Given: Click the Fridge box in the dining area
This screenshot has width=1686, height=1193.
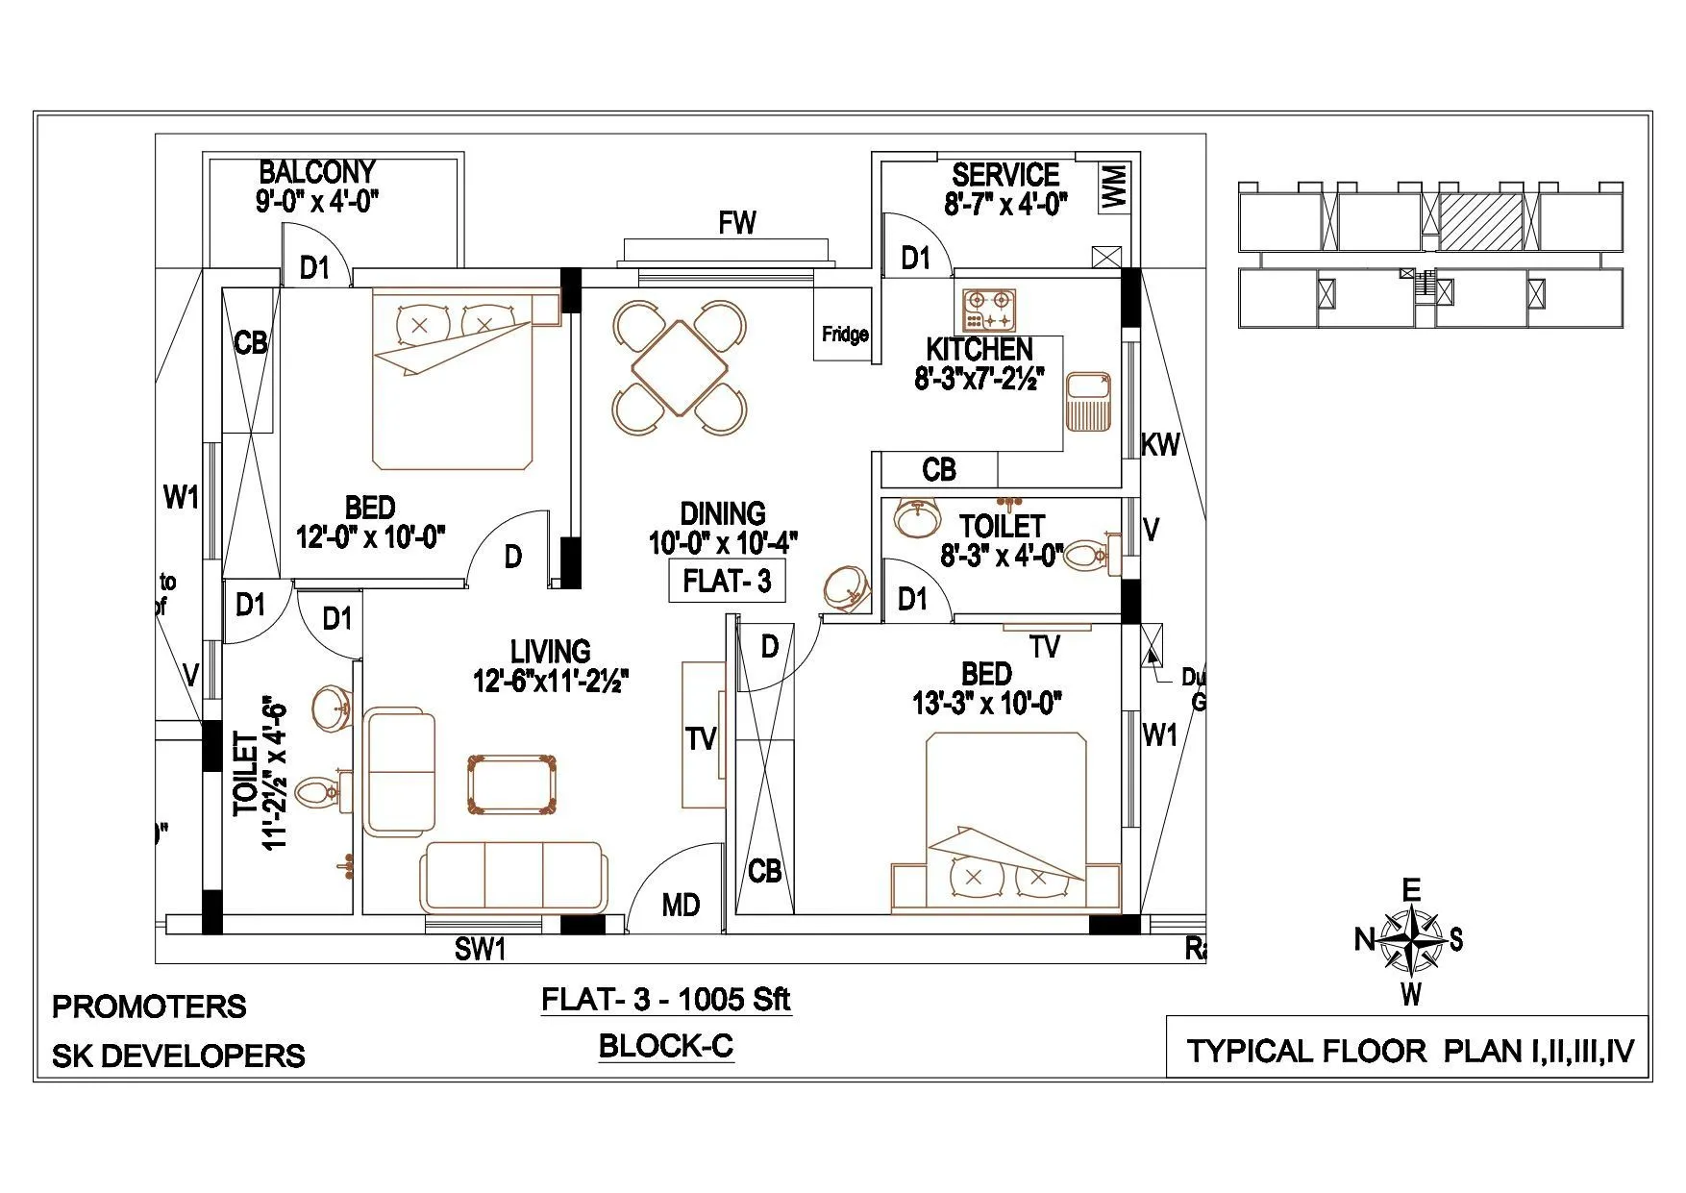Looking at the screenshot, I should click(x=843, y=334).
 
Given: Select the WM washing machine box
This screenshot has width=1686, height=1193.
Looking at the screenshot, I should click(x=1114, y=185).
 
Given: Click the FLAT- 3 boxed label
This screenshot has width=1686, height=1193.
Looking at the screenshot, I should click(x=727, y=582).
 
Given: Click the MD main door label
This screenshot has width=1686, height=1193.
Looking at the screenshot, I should click(x=681, y=905).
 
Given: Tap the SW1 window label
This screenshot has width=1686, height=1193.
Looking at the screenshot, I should click(x=480, y=950).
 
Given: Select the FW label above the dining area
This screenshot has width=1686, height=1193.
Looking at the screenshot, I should click(x=737, y=223).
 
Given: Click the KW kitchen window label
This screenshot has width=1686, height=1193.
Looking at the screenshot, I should click(x=1160, y=444).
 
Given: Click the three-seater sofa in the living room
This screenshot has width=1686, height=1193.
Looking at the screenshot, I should click(x=513, y=876).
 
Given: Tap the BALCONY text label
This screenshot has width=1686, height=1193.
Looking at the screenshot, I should click(x=317, y=172).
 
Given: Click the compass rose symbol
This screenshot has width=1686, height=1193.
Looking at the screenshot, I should click(x=1409, y=941).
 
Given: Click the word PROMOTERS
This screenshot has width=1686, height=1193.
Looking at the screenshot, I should click(x=149, y=1007).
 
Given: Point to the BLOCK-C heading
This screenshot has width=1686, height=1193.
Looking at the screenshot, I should click(x=665, y=1045).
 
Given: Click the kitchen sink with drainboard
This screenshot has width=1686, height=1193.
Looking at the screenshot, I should click(x=1087, y=401).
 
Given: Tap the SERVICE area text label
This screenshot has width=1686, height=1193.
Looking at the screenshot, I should click(x=1005, y=175).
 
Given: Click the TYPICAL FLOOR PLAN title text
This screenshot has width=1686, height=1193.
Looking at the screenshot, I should click(x=1409, y=1051).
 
